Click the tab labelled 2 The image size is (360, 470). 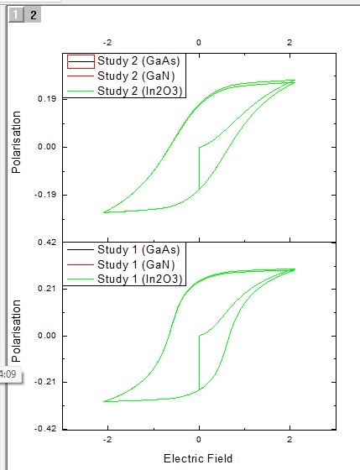tap(33, 14)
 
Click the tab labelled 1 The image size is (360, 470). tap(16, 14)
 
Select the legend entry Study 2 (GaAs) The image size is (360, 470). tap(138, 60)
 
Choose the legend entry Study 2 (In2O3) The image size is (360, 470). tap(140, 91)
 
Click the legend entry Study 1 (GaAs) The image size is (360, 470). tap(138, 249)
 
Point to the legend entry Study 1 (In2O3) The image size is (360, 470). tap(140, 279)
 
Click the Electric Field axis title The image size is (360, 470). tap(198, 458)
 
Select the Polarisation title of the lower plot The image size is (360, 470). tap(16, 336)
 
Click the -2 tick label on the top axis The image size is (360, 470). tap(107, 40)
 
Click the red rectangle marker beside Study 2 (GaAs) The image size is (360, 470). tap(81, 60)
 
